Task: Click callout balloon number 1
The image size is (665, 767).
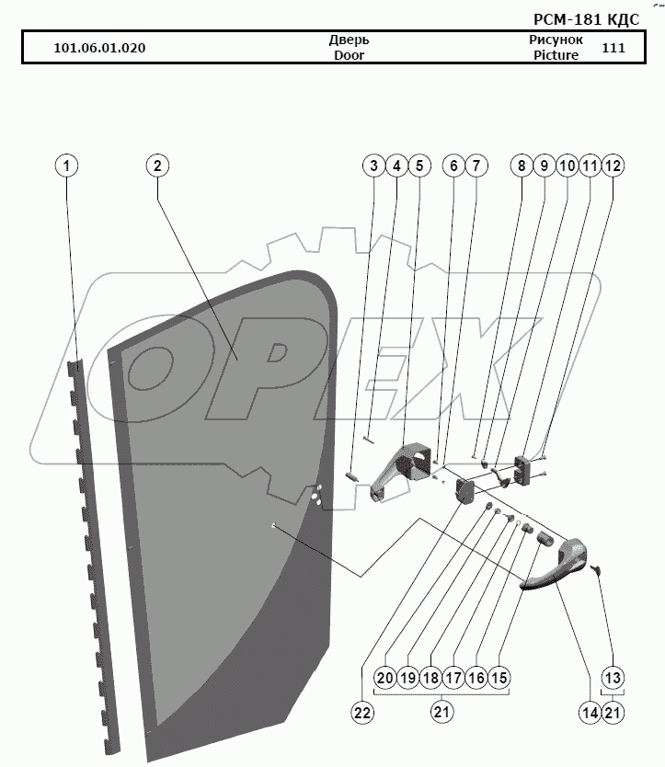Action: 66,166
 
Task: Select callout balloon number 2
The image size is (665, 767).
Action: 157,166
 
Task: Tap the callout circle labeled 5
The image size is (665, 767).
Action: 418,166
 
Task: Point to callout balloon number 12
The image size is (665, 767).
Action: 613,166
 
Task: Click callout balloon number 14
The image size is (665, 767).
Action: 590,711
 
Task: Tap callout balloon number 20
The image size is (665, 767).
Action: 384,678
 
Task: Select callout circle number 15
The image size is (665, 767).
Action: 499,678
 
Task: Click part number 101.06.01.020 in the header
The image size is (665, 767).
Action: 99,48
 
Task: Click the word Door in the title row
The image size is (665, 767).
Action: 349,55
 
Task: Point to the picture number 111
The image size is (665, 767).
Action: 613,48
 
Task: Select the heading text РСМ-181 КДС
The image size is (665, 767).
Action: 586,19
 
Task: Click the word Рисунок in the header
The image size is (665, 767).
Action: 556,40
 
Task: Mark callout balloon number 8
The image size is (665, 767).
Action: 521,166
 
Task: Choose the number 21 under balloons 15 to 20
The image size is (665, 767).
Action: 441,711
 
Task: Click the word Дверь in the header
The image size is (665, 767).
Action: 349,40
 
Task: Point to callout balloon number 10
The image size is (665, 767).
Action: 567,166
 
